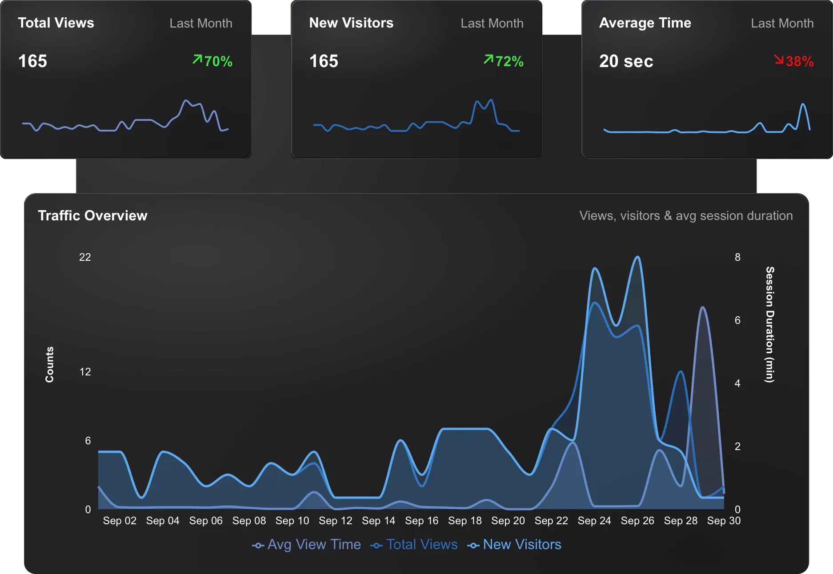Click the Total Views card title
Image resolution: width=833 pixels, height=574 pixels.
[56, 23]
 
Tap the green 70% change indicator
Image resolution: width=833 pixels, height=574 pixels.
[212, 61]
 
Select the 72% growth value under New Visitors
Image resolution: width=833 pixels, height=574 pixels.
[504, 61]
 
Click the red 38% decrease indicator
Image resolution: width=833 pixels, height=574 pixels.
[794, 61]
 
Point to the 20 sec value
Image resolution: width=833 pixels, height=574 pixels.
[626, 61]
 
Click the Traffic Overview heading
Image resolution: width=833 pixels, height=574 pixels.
[92, 215]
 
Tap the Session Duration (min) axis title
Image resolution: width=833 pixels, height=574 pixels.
[770, 324]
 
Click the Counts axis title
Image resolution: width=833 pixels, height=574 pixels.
[49, 364]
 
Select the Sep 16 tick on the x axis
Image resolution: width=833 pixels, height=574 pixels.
[421, 520]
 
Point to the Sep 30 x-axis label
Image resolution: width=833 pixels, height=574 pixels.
[724, 520]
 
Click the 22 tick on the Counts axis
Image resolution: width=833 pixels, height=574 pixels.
[85, 257]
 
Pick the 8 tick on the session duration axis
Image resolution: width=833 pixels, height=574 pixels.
[737, 257]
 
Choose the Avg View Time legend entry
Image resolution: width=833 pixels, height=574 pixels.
[307, 545]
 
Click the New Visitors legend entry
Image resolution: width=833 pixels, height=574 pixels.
[514, 545]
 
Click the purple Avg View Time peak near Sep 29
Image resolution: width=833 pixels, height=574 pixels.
[702, 307]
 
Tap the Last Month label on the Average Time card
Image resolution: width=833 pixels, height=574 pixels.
[782, 23]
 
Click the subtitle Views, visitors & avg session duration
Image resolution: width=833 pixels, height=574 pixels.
[686, 215]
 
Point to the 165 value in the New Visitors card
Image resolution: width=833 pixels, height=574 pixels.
[324, 61]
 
